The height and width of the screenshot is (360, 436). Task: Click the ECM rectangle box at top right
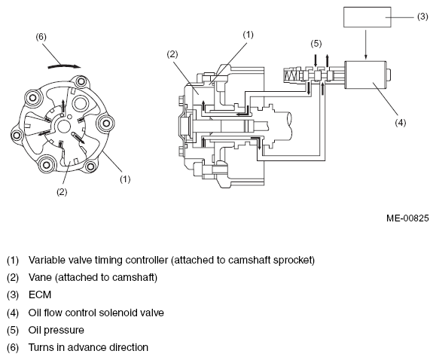pyautogui.click(x=367, y=17)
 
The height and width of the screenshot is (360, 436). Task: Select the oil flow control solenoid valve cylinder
pyautogui.click(x=366, y=75)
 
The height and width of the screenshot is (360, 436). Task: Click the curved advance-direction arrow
pyautogui.click(x=65, y=66)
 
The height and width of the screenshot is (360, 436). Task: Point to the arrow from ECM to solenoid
pyautogui.click(x=366, y=44)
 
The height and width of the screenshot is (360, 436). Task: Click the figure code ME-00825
pyautogui.click(x=407, y=218)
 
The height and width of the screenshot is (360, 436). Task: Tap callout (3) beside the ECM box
pyautogui.click(x=422, y=17)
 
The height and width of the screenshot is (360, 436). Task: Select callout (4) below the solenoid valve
pyautogui.click(x=401, y=123)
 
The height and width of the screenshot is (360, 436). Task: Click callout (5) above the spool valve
pyautogui.click(x=316, y=44)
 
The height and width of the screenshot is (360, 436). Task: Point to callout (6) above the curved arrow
pyautogui.click(x=41, y=37)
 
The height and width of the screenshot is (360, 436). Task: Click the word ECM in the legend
pyautogui.click(x=40, y=294)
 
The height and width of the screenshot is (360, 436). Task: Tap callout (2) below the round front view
pyautogui.click(x=62, y=192)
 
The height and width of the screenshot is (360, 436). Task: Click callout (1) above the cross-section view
pyautogui.click(x=248, y=35)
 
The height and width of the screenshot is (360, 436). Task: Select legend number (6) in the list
pyautogui.click(x=13, y=347)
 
